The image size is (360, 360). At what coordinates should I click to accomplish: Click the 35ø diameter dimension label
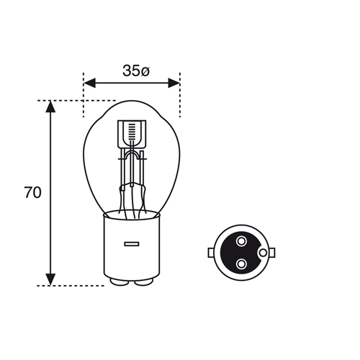(136, 71)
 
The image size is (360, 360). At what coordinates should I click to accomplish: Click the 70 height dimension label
(32, 192)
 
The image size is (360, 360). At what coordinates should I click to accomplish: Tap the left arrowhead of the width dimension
(89, 83)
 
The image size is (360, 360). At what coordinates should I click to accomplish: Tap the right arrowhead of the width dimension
(174, 83)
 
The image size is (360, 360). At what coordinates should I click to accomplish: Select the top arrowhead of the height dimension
(50, 107)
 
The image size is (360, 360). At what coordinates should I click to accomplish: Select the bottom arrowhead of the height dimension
(50, 279)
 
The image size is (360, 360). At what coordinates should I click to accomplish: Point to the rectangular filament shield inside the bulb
(132, 134)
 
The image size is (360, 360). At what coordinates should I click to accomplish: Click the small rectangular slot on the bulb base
(132, 244)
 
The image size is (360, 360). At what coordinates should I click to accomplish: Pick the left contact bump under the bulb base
(120, 282)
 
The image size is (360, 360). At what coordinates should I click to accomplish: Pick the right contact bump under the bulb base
(144, 282)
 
